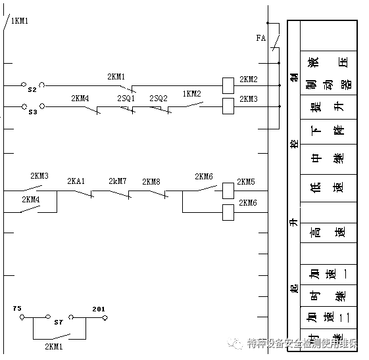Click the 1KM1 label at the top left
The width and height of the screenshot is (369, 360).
[x=20, y=21]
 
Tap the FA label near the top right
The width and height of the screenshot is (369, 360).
[x=260, y=38]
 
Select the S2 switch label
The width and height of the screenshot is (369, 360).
[x=32, y=89]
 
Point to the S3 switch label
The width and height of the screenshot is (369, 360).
[x=32, y=112]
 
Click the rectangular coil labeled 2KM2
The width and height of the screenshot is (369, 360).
[x=228, y=84]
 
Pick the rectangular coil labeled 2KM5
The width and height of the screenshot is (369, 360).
[x=228, y=190]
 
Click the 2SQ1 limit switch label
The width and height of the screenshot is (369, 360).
[x=126, y=98]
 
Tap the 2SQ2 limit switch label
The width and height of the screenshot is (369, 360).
[x=158, y=98]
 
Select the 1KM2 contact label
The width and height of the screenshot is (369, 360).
[x=191, y=93]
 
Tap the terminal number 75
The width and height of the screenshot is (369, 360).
[x=17, y=307]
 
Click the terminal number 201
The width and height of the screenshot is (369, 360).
[x=99, y=309]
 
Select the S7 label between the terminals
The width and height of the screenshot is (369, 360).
[x=58, y=322]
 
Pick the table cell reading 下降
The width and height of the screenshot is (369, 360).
[x=329, y=130]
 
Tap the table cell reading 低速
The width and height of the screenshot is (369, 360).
[x=329, y=187]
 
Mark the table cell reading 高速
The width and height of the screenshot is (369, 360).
[x=329, y=232]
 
